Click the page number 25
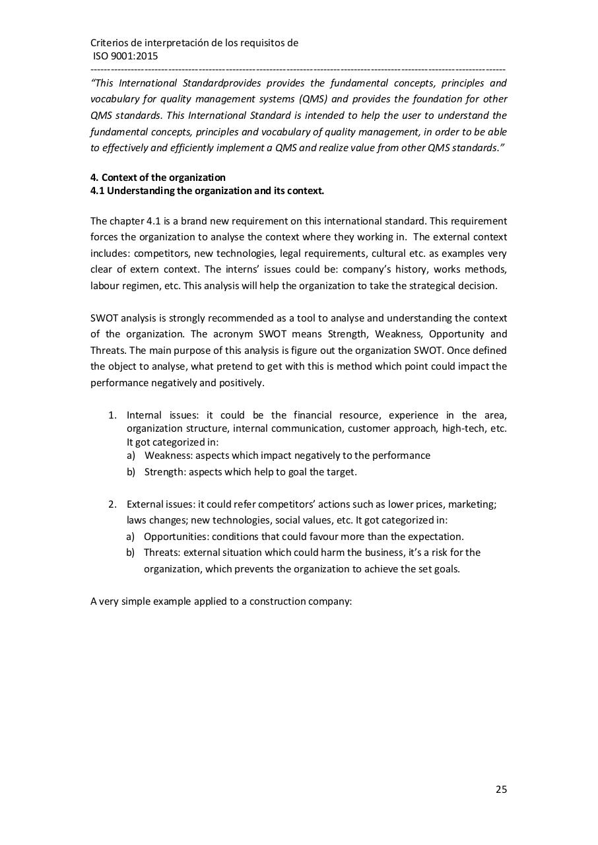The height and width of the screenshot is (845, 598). (501, 790)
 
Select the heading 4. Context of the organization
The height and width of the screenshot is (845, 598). (158, 178)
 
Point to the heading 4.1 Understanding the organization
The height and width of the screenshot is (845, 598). (207, 191)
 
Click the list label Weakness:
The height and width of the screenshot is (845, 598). (168, 456)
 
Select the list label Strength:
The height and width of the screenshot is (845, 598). (165, 472)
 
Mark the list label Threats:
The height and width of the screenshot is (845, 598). (162, 553)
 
